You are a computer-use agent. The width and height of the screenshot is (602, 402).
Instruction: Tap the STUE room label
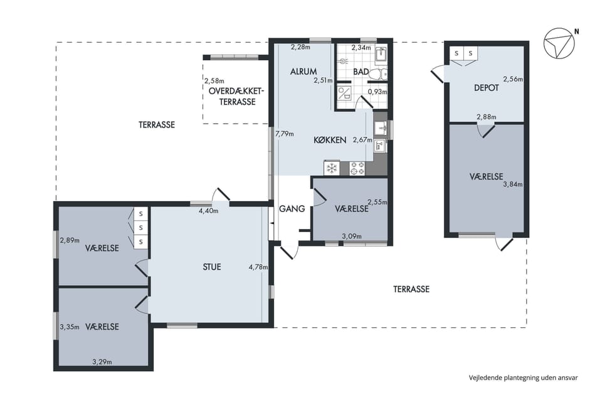click(x=212, y=267)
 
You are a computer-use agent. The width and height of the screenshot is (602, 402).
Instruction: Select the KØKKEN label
click(x=330, y=140)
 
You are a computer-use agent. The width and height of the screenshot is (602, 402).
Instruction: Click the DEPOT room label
click(x=487, y=88)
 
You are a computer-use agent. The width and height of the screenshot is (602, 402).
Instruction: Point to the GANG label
click(x=292, y=209)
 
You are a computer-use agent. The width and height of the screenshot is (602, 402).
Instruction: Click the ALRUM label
click(x=304, y=72)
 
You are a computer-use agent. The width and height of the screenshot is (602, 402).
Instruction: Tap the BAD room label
click(x=361, y=72)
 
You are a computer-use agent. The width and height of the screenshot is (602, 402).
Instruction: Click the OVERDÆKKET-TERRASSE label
click(x=237, y=97)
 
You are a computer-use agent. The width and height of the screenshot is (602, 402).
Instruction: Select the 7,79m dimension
click(x=285, y=134)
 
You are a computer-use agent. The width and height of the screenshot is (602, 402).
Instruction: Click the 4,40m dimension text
click(x=208, y=211)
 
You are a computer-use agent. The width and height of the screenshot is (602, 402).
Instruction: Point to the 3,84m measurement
click(x=513, y=184)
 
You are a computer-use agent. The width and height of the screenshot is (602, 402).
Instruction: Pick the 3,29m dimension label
click(x=102, y=362)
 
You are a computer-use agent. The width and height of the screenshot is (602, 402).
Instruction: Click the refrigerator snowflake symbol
click(x=332, y=168)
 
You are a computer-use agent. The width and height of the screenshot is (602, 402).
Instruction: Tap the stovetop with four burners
click(x=357, y=168)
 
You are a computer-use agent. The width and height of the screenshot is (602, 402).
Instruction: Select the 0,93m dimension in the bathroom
click(x=378, y=92)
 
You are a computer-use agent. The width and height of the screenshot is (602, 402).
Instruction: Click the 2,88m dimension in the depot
click(x=487, y=117)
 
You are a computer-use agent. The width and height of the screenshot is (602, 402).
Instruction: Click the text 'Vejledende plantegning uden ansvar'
click(x=523, y=378)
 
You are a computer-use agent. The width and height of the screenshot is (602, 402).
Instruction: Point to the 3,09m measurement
click(x=352, y=237)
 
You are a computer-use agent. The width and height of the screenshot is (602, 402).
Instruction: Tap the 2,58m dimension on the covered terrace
click(x=214, y=81)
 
